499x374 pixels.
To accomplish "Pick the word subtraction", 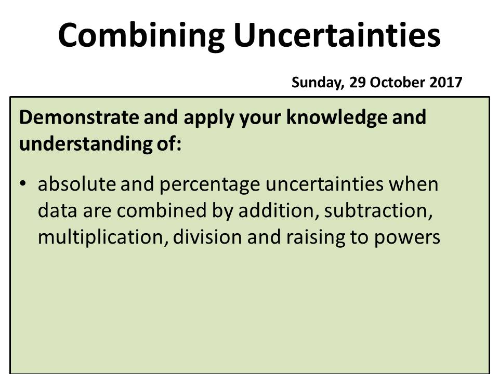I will pos(382,211).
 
